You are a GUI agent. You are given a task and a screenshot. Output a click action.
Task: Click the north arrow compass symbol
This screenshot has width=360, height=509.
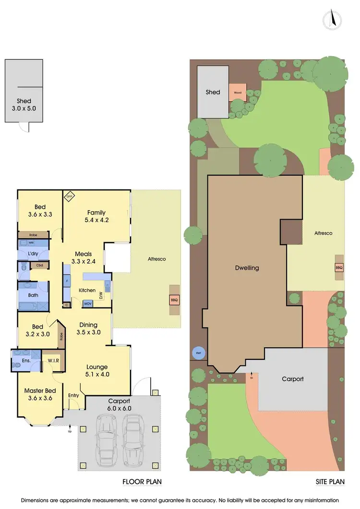tap(332, 20)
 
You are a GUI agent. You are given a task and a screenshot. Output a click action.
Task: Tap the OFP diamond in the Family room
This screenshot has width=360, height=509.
tap(68, 195)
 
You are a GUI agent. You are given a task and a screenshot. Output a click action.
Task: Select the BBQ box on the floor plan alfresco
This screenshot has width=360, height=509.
tap(174, 300)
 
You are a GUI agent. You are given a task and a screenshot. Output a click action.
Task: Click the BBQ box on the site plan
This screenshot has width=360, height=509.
tap(339, 267)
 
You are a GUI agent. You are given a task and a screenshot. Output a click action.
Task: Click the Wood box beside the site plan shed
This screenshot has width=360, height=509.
tap(237, 92)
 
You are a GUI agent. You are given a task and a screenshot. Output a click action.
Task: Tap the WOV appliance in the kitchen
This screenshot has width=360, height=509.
tap(88, 304)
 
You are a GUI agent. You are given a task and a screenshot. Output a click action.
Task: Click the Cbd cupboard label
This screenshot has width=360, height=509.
tap(39, 265)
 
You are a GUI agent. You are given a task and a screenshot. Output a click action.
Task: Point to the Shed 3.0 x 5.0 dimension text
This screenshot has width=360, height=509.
tap(24, 105)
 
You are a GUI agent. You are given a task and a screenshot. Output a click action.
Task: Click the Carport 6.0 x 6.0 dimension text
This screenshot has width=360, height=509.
tap(119, 404)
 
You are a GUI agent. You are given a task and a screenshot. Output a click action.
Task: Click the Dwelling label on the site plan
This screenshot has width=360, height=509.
tap(247, 268)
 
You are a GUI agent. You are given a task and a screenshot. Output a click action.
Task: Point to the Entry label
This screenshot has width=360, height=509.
tap(74, 395)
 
